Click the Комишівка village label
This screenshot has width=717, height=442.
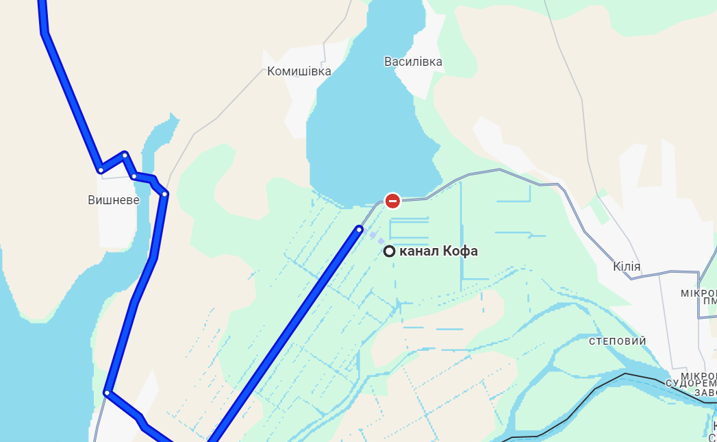[x=299, y=71]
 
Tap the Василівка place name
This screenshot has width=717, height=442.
[x=413, y=62]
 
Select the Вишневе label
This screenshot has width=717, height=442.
[x=114, y=200]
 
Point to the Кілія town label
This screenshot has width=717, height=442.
[x=627, y=267]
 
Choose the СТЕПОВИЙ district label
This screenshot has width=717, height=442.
[x=617, y=341]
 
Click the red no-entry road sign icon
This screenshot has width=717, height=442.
[x=392, y=201]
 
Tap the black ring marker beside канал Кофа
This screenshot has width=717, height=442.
[x=390, y=251]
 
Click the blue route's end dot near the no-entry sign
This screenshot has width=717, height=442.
[x=360, y=229]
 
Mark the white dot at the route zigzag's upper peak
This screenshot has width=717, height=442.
[x=125, y=155]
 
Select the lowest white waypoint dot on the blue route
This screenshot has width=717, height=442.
[x=107, y=393]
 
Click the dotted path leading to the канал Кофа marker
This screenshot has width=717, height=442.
[x=375, y=238]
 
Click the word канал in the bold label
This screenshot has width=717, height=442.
[x=420, y=251]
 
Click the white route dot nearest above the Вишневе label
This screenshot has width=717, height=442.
[x=101, y=170]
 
